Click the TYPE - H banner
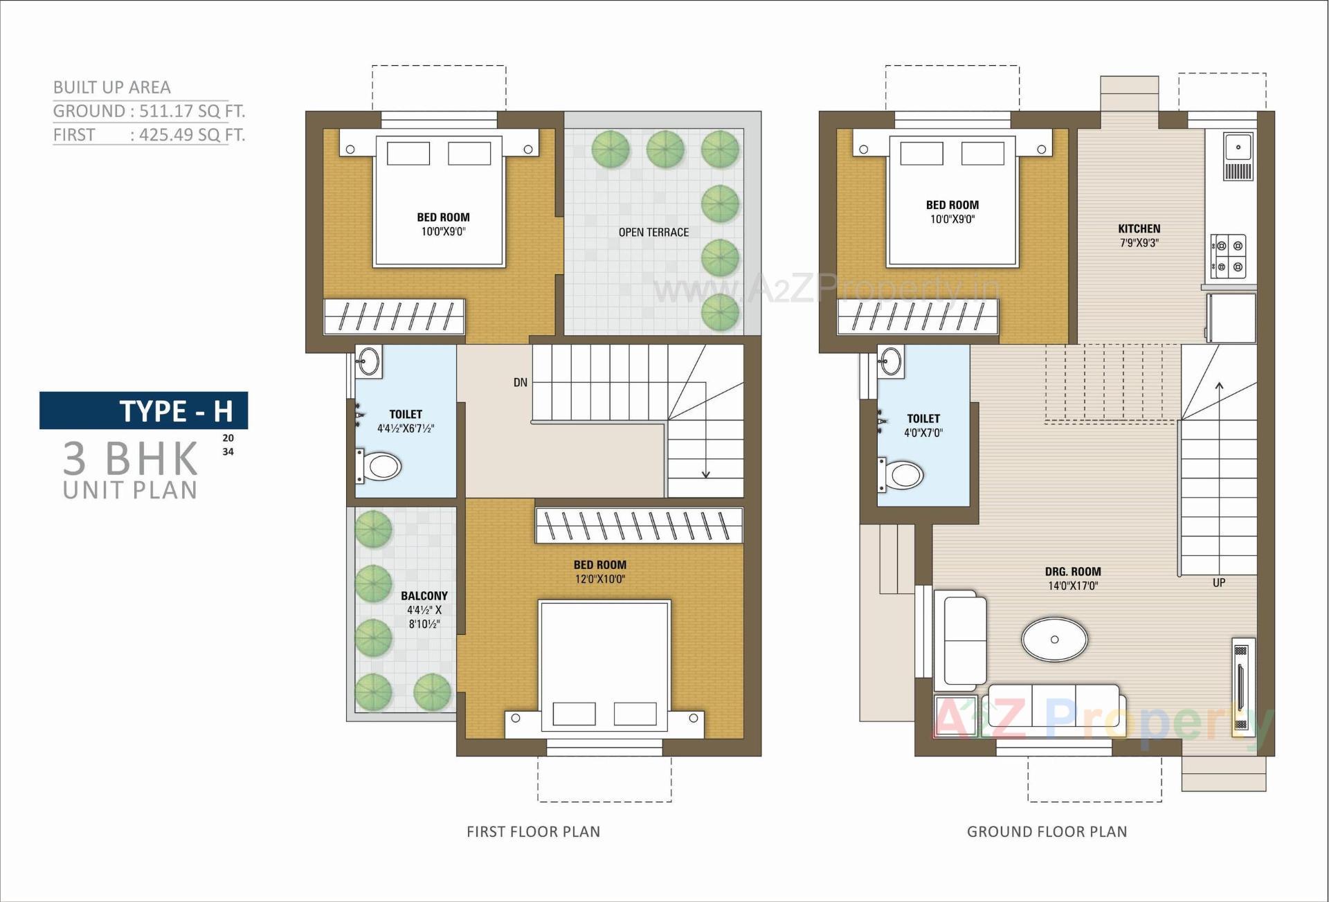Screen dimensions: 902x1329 (x=144, y=411)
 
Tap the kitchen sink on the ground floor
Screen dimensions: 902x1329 (x=1238, y=147)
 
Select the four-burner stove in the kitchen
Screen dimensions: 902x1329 (x=1229, y=256)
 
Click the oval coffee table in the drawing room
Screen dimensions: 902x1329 (x=1054, y=639)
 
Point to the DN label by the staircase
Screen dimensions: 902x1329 (x=521, y=382)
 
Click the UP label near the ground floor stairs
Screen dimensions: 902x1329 (x=1219, y=583)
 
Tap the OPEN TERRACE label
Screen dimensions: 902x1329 (x=653, y=233)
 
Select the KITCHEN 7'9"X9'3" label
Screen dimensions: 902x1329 (x=1139, y=235)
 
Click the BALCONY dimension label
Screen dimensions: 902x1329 (x=424, y=610)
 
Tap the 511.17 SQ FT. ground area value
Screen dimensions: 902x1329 (x=192, y=111)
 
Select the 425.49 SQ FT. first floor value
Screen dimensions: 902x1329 (x=192, y=135)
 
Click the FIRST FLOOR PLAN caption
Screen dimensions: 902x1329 (x=533, y=831)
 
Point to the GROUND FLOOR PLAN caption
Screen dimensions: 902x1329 (x=1047, y=831)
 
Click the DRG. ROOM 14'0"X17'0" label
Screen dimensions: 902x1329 (x=1073, y=579)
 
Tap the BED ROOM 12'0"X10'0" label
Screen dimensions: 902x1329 (x=600, y=572)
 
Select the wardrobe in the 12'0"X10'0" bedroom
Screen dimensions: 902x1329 (x=638, y=525)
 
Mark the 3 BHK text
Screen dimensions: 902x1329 (x=131, y=458)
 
